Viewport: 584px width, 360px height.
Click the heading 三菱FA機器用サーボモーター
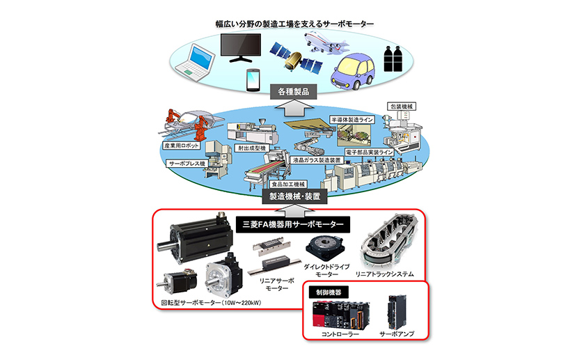(x=292, y=225)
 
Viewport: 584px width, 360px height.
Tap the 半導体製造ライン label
(x=354, y=120)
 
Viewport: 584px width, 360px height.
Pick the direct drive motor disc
(x=323, y=246)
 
